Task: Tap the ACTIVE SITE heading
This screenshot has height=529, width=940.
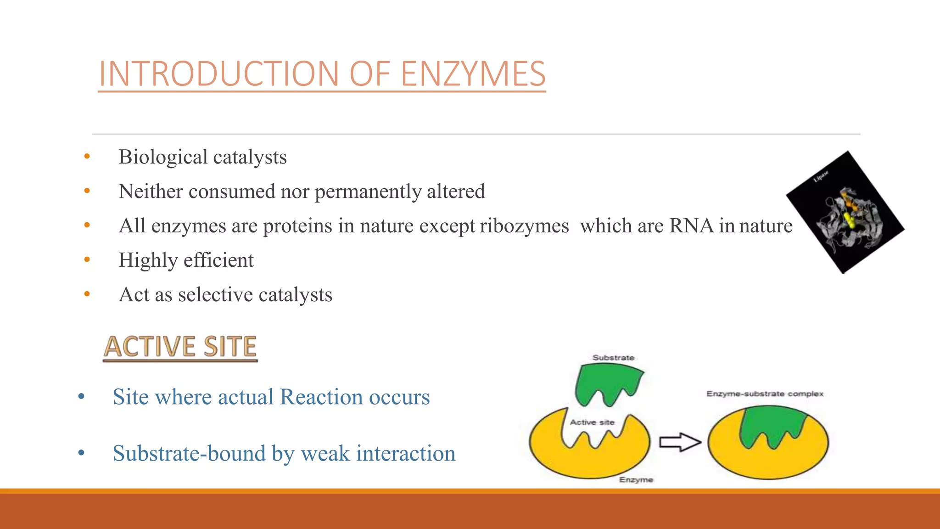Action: click(x=180, y=347)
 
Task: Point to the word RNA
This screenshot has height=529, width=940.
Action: click(x=692, y=225)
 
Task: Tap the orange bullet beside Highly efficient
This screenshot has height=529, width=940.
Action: click(x=87, y=259)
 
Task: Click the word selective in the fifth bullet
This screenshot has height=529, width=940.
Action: click(x=215, y=294)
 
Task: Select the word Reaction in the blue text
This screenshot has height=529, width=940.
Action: click(x=322, y=397)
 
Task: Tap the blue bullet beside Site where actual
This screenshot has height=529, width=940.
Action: click(x=82, y=397)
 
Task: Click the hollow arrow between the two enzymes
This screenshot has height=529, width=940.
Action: click(x=680, y=442)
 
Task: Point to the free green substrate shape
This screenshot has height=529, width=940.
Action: click(x=608, y=382)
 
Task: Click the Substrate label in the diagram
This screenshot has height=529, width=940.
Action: click(x=613, y=357)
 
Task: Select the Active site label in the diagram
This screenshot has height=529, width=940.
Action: click(x=592, y=422)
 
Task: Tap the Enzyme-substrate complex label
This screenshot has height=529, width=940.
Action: click(x=765, y=394)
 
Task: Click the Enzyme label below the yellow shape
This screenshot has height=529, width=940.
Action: click(x=636, y=479)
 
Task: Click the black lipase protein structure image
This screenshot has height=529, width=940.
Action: click(x=845, y=213)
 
